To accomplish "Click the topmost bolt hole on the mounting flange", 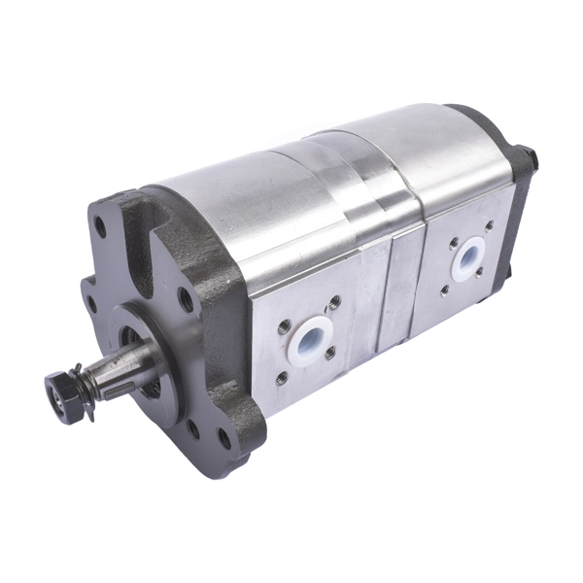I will tap(100, 230).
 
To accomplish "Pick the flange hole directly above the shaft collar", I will tap(185, 299).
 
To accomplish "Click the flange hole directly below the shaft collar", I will tap(193, 429).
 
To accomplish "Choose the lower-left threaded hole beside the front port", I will tap(283, 377).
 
